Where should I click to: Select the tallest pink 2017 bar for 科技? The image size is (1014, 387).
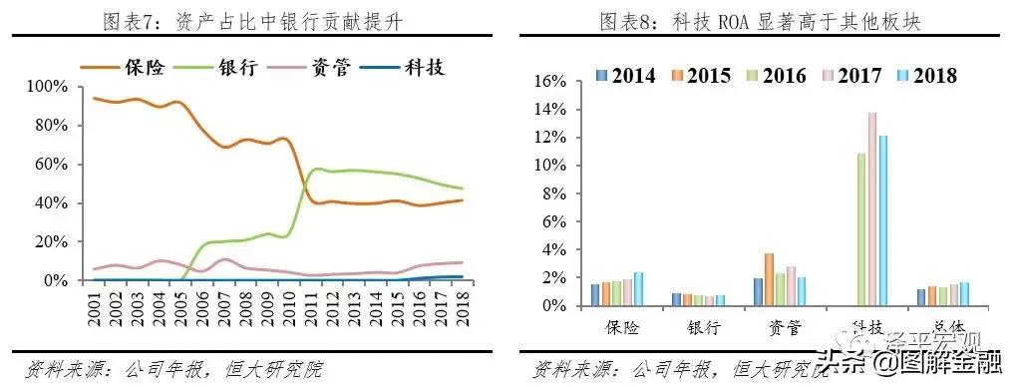(871, 209)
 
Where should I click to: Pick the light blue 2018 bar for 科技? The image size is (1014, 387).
(882, 220)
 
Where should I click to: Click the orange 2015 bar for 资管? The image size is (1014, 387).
(769, 279)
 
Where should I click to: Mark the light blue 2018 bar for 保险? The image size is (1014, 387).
(638, 289)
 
